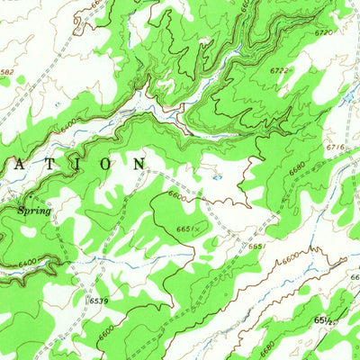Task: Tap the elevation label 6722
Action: coord(281,69)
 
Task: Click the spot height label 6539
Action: coord(100,300)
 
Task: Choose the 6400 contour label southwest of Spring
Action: coord(27,262)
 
